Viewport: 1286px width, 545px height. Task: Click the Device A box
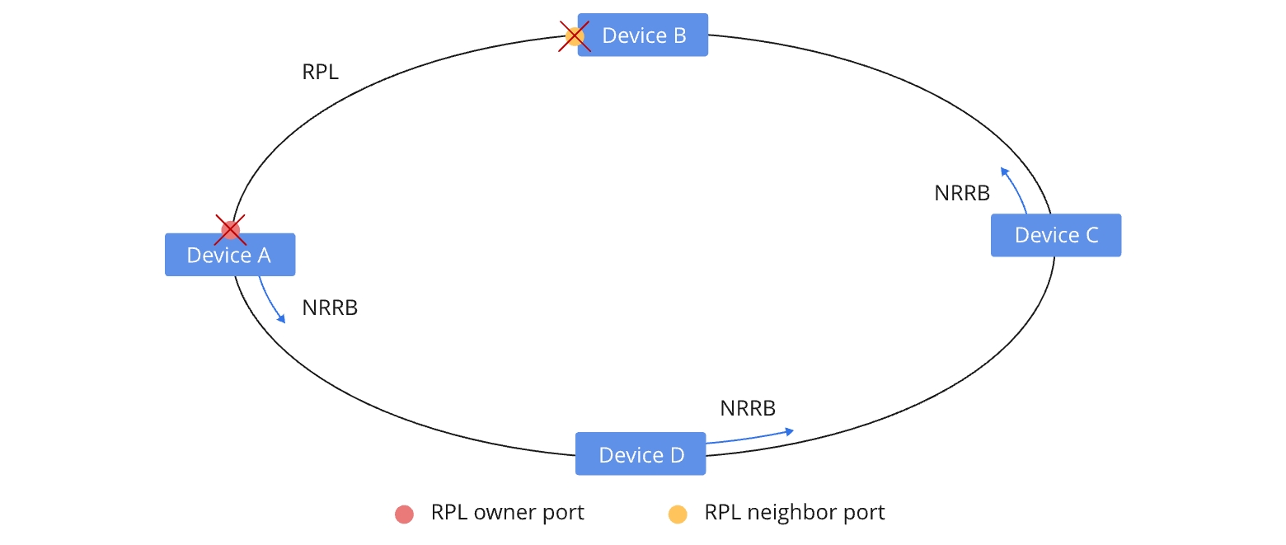229,255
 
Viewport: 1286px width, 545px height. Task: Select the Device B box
643,35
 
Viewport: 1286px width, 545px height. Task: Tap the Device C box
1055,235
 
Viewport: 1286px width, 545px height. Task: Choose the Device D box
641,454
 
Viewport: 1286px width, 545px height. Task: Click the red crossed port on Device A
231,229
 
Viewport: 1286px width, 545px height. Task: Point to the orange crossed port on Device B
575,36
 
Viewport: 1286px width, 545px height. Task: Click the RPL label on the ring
320,73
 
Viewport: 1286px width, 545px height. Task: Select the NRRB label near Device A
330,308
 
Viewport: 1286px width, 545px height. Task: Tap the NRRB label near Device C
961,194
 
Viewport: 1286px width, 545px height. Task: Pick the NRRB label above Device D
748,408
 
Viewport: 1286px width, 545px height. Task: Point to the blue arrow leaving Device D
750,436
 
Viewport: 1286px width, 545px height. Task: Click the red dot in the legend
404,514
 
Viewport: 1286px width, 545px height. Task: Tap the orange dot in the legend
678,514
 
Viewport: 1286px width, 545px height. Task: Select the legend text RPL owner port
507,512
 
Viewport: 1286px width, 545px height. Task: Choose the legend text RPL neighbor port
794,512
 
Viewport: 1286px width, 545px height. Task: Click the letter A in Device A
263,255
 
